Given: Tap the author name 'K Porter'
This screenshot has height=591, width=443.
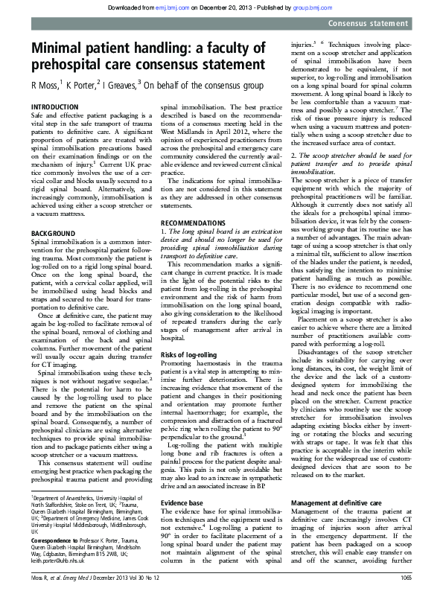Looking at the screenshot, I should coord(82,85).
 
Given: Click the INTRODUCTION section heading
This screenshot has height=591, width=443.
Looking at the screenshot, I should coord(55,109).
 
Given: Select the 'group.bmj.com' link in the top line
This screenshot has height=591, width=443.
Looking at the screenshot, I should coord(299,7).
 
